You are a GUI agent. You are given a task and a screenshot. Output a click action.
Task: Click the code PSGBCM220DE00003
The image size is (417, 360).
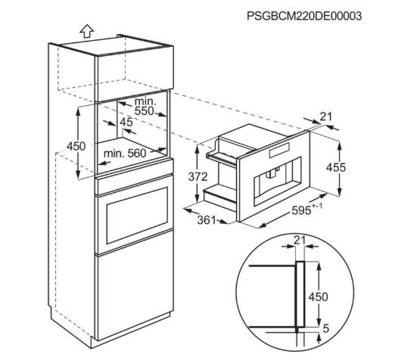[304, 16]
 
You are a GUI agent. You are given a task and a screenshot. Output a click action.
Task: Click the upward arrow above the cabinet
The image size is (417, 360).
[87, 31]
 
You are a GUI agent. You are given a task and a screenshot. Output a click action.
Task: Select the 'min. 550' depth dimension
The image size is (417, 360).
[145, 106]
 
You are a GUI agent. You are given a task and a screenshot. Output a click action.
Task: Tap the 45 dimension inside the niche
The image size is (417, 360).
[126, 122]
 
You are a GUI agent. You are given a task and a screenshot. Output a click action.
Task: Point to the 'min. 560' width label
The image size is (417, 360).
[125, 154]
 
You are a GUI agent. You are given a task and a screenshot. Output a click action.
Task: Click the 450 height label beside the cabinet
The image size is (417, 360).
[76, 147]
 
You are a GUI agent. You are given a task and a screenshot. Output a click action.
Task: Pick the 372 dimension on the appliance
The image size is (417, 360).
[198, 177]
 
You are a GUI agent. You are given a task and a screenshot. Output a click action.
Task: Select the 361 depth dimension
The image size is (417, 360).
[207, 220]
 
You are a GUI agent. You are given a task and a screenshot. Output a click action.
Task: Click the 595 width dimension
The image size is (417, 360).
[301, 210]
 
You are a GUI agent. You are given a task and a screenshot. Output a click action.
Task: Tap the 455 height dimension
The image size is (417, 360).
[336, 167]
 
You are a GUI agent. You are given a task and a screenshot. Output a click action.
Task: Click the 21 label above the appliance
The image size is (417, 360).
[326, 116]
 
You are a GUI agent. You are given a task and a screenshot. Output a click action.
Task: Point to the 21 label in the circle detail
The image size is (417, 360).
[300, 241]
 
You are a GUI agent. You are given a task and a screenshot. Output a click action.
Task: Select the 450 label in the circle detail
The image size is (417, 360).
[318, 296]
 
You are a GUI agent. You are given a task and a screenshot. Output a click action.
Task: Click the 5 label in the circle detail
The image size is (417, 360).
[326, 329]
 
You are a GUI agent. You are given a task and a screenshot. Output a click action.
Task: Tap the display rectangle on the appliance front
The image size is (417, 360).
[279, 151]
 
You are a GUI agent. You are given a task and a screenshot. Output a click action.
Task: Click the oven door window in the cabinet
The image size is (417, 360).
[137, 216]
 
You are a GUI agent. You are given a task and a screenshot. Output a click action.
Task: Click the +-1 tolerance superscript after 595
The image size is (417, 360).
[317, 206]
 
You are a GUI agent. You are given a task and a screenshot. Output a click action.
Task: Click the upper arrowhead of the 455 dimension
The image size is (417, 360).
[339, 144]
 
